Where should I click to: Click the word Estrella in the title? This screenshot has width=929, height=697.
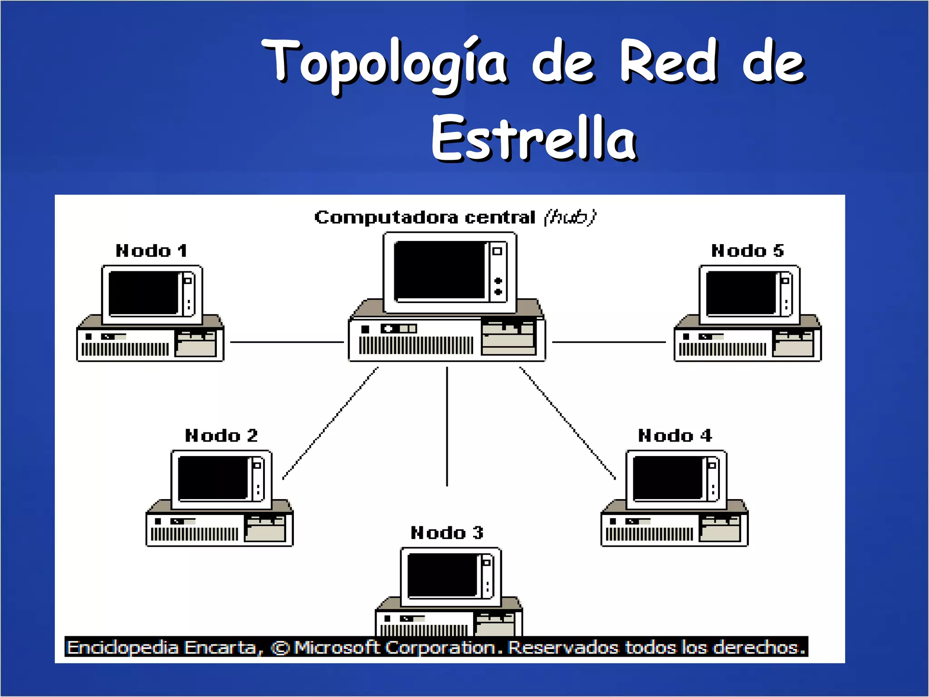point(534,138)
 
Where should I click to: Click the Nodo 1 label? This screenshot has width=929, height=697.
point(151,251)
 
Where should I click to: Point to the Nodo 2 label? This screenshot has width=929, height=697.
point(221,436)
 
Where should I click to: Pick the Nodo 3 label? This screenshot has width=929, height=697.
point(447,533)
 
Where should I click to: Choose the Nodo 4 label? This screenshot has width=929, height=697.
point(675,436)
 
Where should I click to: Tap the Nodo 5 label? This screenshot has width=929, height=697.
point(747,251)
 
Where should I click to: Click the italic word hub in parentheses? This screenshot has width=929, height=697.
point(570,217)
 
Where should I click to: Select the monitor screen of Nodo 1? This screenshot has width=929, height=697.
point(143,293)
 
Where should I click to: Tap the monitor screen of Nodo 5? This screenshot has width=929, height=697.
point(741,293)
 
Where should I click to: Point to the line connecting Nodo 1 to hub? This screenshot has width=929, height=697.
point(287,342)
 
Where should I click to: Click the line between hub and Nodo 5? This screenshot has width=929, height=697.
point(608,342)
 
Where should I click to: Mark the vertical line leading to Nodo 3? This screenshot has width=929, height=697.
point(447,427)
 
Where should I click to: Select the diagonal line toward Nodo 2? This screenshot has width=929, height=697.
point(330,423)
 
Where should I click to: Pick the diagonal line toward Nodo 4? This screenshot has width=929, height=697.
point(567,423)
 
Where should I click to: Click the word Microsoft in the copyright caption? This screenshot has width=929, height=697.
point(337,648)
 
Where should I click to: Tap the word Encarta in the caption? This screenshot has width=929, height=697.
point(220,648)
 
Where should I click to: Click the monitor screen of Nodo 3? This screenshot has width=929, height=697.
point(442,575)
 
